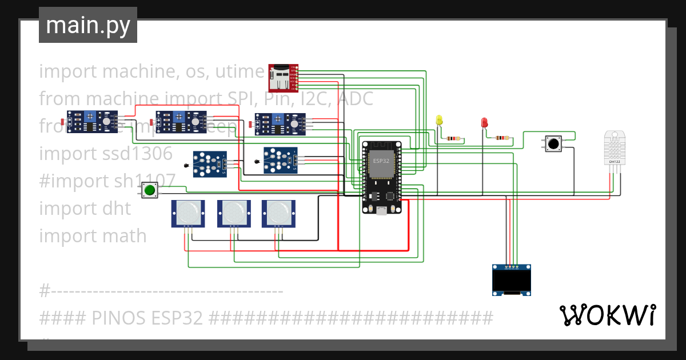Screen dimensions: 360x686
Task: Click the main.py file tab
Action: click(x=87, y=25)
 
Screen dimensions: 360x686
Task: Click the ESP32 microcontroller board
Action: click(x=382, y=177)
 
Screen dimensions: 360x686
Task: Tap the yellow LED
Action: click(x=439, y=120)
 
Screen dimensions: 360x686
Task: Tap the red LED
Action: click(x=484, y=122)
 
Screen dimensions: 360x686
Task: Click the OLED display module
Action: click(x=512, y=280)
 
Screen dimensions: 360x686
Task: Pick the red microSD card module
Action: click(x=284, y=78)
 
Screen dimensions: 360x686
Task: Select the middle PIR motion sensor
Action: click(x=234, y=214)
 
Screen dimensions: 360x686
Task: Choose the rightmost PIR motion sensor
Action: click(x=279, y=214)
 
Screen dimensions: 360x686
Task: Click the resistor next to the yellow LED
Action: click(x=454, y=138)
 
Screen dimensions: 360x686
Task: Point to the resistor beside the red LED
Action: click(x=502, y=138)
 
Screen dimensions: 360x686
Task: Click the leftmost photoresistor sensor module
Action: click(x=91, y=122)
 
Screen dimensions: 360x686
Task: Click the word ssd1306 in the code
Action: click(x=137, y=154)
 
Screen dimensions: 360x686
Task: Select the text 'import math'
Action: click(x=93, y=236)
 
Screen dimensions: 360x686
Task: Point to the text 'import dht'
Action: click(x=85, y=209)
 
